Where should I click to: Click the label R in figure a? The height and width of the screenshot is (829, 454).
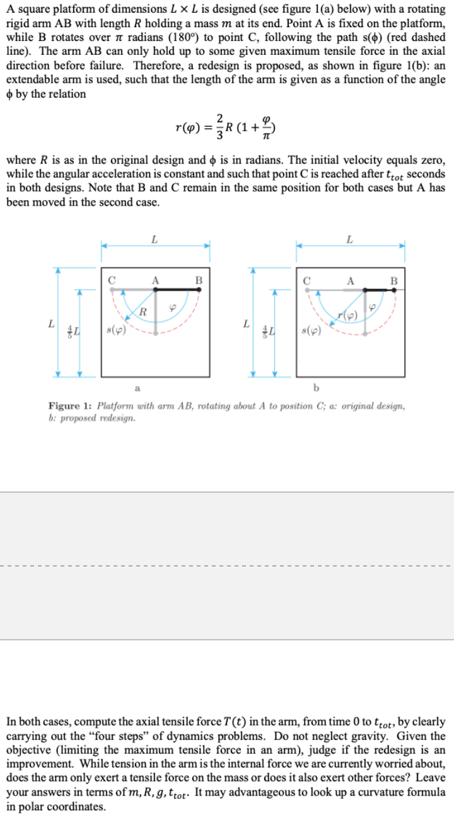coord(143,311)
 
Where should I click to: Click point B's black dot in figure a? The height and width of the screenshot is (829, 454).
coord(200,289)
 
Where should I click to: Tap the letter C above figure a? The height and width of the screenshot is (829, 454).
coord(112,278)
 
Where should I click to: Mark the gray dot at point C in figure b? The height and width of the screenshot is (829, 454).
coord(308,290)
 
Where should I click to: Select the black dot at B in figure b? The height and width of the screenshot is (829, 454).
coord(395,290)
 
